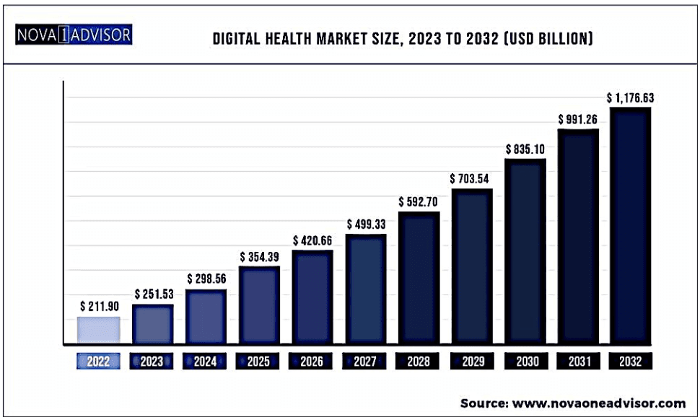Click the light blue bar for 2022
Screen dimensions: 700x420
[x=99, y=331]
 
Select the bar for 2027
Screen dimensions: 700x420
[x=366, y=289]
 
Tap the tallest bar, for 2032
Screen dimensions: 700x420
[x=630, y=225]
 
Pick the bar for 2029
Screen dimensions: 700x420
[x=473, y=266]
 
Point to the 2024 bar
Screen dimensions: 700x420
[x=206, y=317]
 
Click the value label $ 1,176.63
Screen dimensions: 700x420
[x=630, y=97]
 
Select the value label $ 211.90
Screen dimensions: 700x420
[x=100, y=306]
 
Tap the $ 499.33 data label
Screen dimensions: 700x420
[x=366, y=224]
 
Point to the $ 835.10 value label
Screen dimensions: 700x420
[x=525, y=149]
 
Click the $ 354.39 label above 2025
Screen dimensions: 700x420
[x=259, y=257]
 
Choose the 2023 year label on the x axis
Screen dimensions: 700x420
[x=152, y=361]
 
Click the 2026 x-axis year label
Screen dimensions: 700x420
[x=311, y=361]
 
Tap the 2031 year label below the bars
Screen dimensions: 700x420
[x=579, y=361]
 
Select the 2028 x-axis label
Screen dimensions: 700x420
[x=418, y=361]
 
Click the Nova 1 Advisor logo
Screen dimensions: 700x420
[x=74, y=35]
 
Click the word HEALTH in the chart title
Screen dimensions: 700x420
[x=289, y=38]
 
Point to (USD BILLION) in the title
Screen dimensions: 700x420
[x=548, y=38]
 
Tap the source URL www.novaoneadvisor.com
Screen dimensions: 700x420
[x=599, y=403]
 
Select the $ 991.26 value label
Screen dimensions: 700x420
[x=577, y=120]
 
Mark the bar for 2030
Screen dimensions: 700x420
[x=525, y=251]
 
